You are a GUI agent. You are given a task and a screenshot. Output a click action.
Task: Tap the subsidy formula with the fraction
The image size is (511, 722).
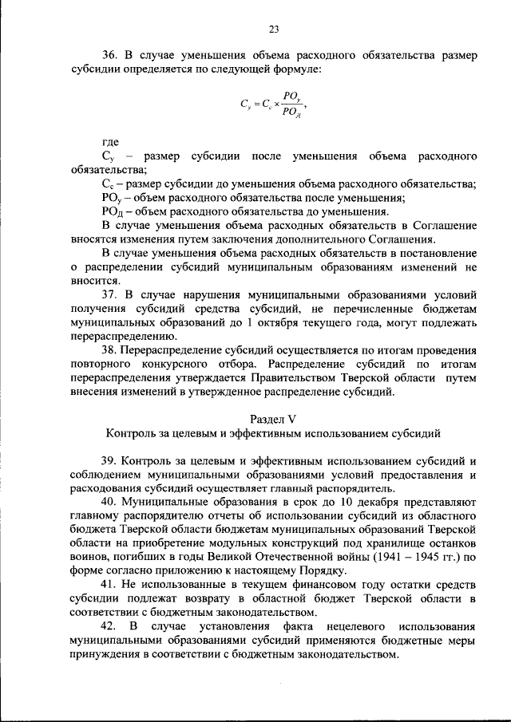pos(273,104)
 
